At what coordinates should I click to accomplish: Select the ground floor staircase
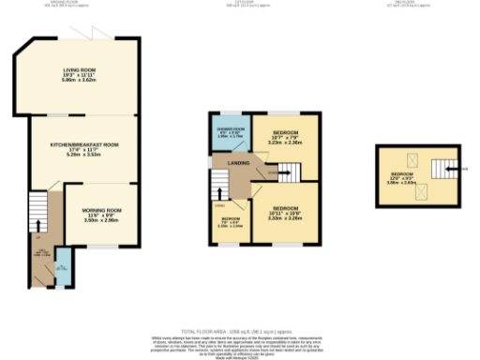click(x=37, y=212)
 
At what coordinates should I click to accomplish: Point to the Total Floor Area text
click(x=240, y=331)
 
